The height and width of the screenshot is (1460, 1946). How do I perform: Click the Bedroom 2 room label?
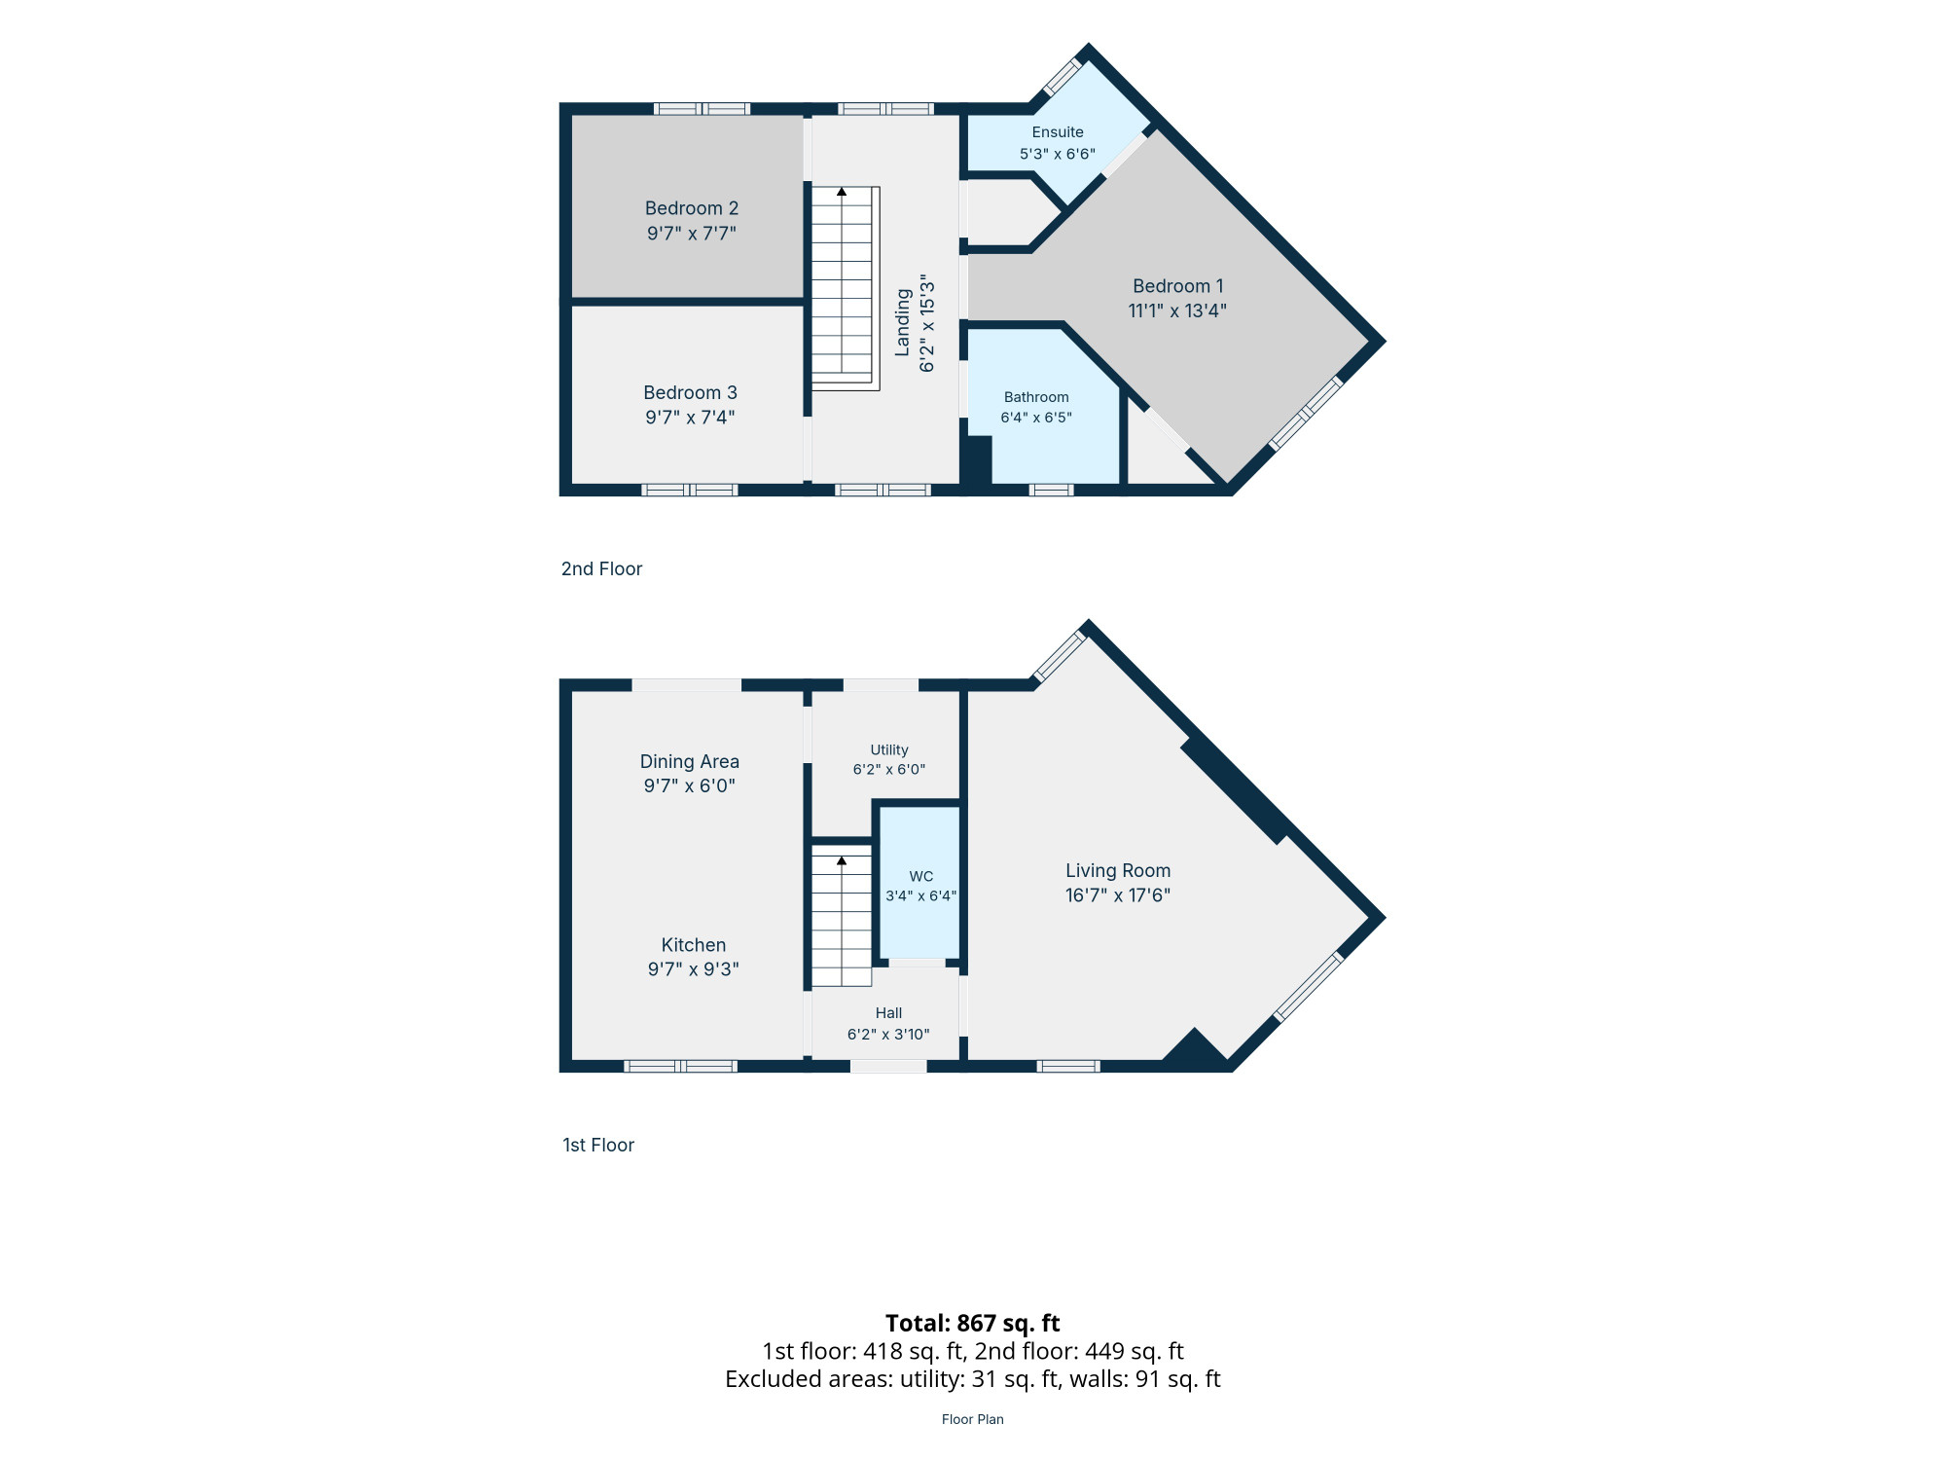[692, 208]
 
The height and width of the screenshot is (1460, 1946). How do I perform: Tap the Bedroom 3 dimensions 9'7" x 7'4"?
[690, 418]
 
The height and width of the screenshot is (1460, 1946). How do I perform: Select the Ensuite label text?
[1058, 132]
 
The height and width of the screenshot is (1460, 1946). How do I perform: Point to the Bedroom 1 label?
[1177, 286]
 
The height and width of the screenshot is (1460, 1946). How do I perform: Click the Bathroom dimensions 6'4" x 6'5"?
[1036, 418]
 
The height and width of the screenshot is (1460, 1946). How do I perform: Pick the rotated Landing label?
[903, 322]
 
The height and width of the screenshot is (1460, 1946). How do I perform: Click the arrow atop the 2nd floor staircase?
[842, 192]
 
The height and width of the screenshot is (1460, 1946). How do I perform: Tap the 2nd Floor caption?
[601, 568]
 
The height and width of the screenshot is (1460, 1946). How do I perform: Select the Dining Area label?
[690, 761]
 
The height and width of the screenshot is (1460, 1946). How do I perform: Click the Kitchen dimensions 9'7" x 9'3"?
[694, 969]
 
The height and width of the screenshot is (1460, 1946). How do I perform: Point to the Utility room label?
[889, 749]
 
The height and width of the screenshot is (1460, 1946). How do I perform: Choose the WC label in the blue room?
[921, 876]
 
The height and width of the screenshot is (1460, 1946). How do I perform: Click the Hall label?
[888, 1013]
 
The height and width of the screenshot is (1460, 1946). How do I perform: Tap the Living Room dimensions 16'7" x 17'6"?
[1118, 895]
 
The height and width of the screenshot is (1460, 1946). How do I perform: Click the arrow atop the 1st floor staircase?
[842, 861]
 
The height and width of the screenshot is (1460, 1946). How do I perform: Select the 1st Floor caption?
[598, 1145]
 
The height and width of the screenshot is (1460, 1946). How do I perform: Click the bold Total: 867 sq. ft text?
[973, 1323]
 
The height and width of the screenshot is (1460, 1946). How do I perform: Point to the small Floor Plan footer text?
[973, 1419]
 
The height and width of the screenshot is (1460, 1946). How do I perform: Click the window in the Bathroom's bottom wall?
[1052, 490]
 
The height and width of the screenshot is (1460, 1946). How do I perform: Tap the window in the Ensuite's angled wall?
[1063, 77]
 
